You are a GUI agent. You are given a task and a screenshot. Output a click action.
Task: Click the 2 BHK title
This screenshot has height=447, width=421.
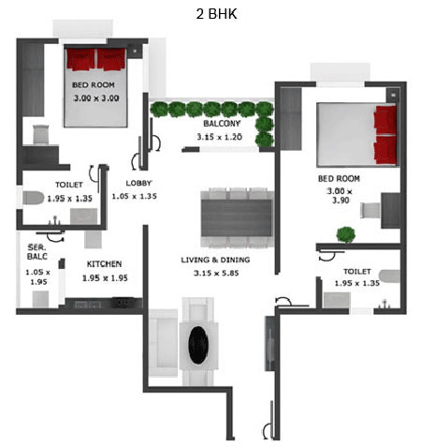click(216, 14)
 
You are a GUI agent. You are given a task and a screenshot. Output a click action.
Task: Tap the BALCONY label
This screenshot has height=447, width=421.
click(222, 124)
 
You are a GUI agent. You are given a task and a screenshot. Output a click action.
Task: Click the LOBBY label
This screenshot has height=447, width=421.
click(138, 183)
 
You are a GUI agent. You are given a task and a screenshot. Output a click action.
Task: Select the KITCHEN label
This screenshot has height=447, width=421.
click(104, 264)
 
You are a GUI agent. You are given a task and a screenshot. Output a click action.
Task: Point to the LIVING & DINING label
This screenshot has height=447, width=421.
click(215, 260)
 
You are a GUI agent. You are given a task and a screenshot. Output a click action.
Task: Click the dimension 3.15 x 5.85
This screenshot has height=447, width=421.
click(216, 273)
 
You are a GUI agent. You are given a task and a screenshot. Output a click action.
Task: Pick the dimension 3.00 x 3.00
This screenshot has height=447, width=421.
click(96, 98)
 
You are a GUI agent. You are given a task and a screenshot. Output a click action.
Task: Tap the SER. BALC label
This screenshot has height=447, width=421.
click(37, 252)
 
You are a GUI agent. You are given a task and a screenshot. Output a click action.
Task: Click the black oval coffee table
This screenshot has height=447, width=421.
click(198, 345)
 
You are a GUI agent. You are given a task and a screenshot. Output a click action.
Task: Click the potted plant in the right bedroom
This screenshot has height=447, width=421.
click(345, 234)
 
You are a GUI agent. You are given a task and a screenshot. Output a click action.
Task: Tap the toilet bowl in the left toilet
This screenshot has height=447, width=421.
click(33, 198)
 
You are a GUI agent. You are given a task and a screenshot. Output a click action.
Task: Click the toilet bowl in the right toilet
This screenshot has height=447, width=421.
click(389, 276)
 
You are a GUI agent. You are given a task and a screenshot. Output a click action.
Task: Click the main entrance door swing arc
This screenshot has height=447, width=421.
click(266, 431)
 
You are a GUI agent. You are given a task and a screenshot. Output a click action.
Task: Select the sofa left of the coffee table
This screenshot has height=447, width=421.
click(163, 343)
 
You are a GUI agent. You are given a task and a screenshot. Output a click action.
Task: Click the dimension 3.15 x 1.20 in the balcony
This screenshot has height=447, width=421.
click(220, 137)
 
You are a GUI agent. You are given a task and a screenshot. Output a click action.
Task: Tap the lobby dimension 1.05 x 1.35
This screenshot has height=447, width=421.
click(135, 196)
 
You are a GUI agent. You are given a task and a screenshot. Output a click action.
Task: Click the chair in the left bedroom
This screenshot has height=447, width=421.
click(41, 134)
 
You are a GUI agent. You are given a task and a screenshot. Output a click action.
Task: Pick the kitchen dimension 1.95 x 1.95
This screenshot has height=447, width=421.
click(105, 278)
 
